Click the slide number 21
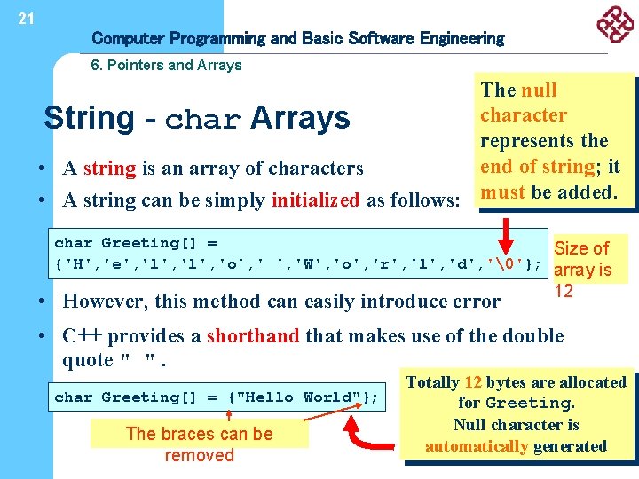26,19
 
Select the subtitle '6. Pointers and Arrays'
167,65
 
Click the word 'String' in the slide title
89,117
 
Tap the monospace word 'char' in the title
202,119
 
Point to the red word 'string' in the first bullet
109,169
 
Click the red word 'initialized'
316,200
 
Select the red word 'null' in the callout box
539,90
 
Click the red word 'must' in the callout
502,192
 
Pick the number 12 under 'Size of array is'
564,291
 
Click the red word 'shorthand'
253,336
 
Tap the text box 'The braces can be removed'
199,444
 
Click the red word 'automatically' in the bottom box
477,446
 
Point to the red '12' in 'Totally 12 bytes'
473,382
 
